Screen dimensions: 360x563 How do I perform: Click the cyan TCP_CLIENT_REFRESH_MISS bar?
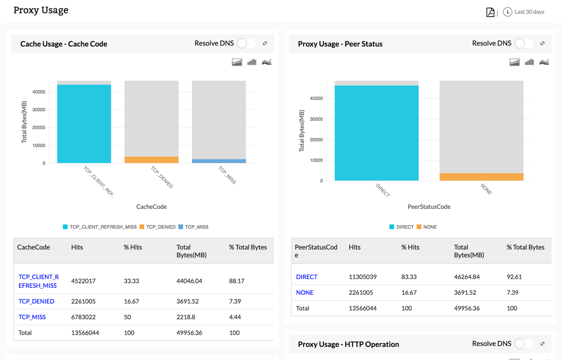(84, 124)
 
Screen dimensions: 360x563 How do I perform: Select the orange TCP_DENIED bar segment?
(151, 160)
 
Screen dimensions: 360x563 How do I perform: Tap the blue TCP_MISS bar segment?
(219, 161)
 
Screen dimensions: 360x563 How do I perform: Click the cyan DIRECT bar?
(376, 133)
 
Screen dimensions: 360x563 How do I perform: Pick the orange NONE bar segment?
(481, 177)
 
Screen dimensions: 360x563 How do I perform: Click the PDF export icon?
(490, 12)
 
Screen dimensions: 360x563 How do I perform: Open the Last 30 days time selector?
(524, 12)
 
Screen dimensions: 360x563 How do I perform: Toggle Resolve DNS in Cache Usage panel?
(246, 44)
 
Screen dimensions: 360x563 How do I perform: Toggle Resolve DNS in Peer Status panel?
(524, 44)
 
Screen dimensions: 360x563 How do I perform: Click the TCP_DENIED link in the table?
(36, 301)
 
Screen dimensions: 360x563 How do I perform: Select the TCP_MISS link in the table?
(32, 317)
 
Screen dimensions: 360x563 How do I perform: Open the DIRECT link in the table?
(307, 277)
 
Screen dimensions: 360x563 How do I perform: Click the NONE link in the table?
(304, 292)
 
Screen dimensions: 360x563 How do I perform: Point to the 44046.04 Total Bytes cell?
(189, 281)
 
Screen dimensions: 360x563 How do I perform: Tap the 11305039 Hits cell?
(363, 277)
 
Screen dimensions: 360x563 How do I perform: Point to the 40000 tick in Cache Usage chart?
(38, 92)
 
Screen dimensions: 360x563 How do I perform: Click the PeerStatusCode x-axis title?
(429, 207)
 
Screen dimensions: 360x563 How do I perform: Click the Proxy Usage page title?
(41, 10)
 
